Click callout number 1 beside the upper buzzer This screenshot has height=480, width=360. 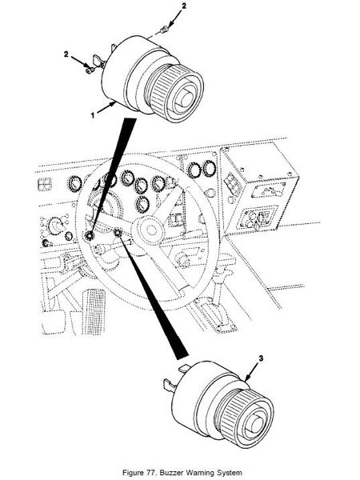coord(92,115)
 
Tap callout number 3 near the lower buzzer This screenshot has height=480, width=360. coord(261,358)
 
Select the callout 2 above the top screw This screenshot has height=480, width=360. coord(184,6)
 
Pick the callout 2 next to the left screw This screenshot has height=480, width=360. coord(66,54)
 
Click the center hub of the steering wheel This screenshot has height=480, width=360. coord(148,230)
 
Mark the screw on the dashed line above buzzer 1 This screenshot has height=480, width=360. coord(164,30)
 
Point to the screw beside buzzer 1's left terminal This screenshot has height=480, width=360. coord(90,70)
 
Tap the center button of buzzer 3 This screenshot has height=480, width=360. coord(256,424)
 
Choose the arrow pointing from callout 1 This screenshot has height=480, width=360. coord(106,110)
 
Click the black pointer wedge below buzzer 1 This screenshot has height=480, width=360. coord(114,175)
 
